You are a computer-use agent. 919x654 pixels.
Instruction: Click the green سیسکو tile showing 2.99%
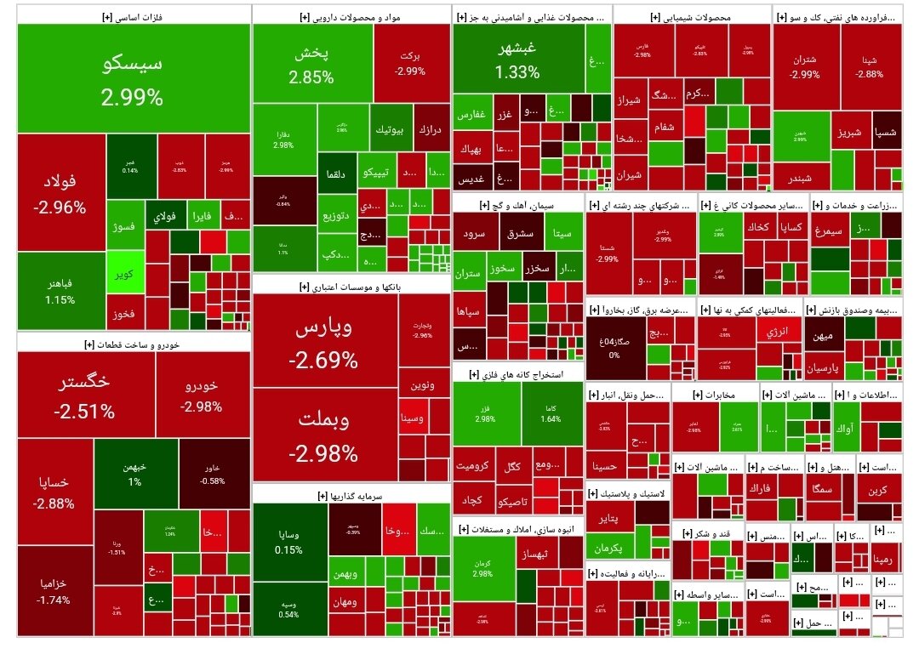click(x=133, y=78)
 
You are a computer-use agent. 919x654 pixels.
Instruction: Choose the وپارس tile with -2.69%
click(x=323, y=344)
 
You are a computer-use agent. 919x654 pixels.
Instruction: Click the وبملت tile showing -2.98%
click(x=323, y=435)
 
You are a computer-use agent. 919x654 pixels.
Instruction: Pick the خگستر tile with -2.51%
click(x=85, y=396)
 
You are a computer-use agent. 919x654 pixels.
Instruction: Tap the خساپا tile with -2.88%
click(x=54, y=492)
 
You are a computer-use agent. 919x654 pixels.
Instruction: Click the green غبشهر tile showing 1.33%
click(x=517, y=59)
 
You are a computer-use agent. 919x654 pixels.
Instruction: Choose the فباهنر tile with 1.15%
click(x=60, y=291)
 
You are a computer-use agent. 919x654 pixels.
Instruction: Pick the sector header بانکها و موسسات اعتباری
click(x=351, y=287)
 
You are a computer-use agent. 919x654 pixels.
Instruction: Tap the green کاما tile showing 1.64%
click(x=551, y=414)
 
